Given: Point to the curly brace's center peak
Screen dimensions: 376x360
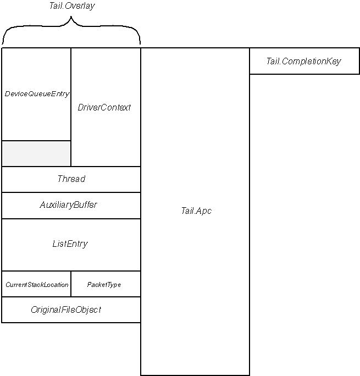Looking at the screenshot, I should tap(71, 20).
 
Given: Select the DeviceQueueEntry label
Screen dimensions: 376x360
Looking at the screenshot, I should tap(37, 94).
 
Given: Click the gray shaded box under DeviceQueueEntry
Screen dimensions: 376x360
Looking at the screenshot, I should tap(36, 153).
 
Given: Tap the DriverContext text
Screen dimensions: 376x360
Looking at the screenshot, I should tap(104, 108).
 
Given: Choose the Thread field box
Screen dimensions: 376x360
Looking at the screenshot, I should tap(71, 179).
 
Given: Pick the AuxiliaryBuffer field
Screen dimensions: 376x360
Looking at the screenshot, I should tap(71, 206).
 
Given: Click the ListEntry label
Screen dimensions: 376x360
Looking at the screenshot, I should tap(70, 244).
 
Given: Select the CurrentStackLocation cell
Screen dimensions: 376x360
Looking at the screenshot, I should tap(37, 284).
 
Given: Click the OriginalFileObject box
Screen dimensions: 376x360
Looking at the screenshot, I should tap(71, 309).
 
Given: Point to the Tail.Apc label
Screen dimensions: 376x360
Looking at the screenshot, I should tap(196, 211).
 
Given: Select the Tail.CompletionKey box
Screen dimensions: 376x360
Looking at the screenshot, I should tap(304, 61).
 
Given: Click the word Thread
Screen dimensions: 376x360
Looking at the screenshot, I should tap(71, 179).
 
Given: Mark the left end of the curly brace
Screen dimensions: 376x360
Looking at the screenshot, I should tap(3, 43).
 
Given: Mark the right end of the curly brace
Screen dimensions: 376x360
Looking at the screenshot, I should tap(140, 43).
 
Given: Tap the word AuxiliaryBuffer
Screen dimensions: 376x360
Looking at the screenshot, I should tap(68, 205).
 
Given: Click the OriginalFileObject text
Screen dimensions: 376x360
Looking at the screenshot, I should tap(66, 310).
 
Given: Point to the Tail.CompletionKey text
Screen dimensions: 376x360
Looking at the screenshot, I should tap(303, 61).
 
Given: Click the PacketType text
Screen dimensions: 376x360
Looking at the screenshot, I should tap(104, 285).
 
